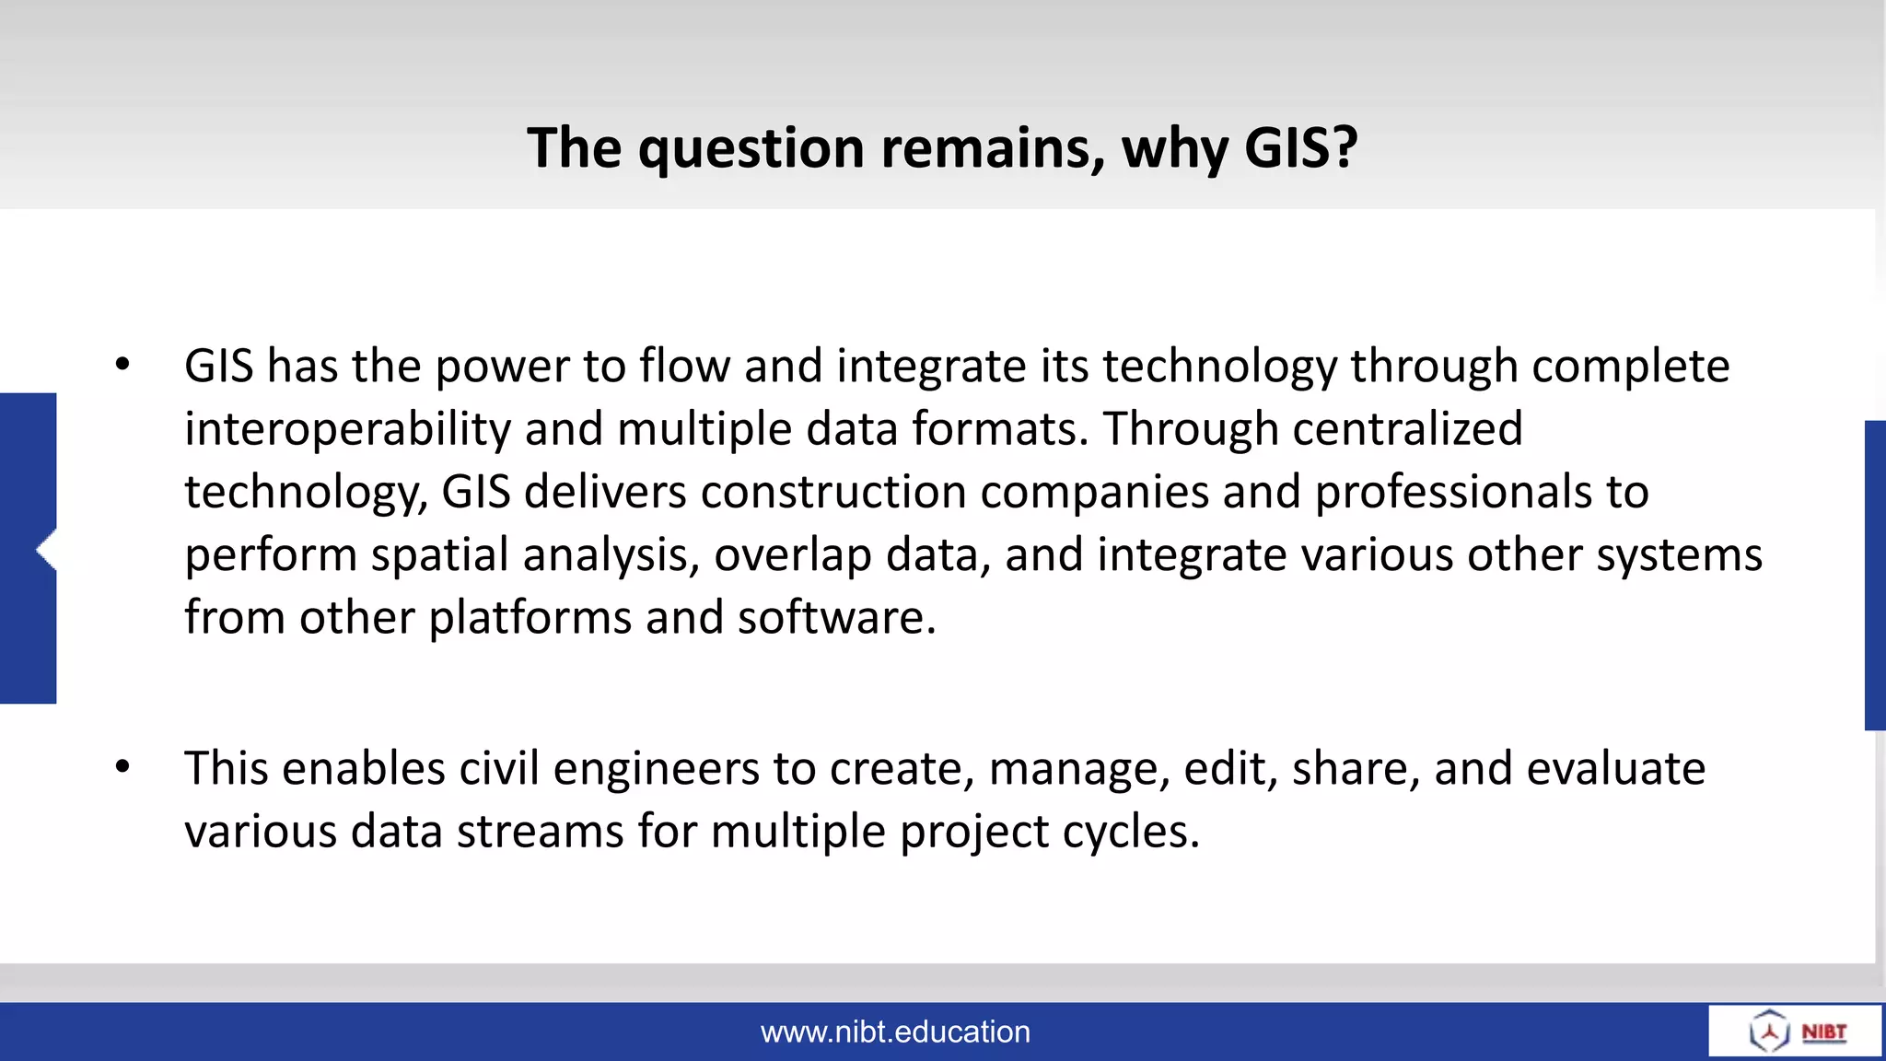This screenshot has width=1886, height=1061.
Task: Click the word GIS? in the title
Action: pyautogui.click(x=1300, y=147)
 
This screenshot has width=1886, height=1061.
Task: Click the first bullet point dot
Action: pyautogui.click(x=122, y=365)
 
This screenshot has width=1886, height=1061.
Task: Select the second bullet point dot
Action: pyautogui.click(x=122, y=766)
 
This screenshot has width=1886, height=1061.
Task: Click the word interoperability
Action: pyautogui.click(x=347, y=430)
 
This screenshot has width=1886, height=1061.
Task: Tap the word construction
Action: pyautogui.click(x=832, y=492)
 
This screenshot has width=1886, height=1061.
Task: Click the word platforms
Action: pyautogui.click(x=530, y=618)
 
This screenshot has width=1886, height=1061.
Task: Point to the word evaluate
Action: pyautogui.click(x=1615, y=769)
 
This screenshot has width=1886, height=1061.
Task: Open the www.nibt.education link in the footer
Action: pyautogui.click(x=895, y=1032)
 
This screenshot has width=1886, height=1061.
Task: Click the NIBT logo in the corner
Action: pyautogui.click(x=1796, y=1031)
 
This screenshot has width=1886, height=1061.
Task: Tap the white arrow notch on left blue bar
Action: pyautogui.click(x=46, y=551)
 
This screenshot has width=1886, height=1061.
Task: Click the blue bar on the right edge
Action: pyautogui.click(x=1875, y=576)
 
